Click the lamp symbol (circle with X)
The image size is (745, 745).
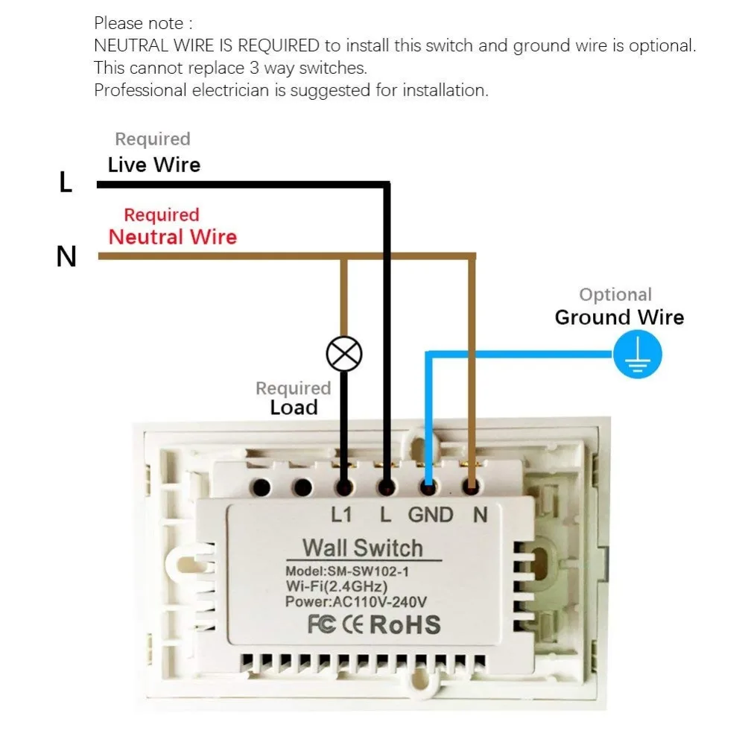pyautogui.click(x=344, y=353)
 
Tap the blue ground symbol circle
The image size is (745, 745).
pyautogui.click(x=637, y=355)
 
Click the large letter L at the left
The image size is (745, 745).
pyautogui.click(x=66, y=183)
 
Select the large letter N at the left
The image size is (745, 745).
pyautogui.click(x=66, y=257)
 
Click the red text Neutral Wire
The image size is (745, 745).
pyautogui.click(x=172, y=237)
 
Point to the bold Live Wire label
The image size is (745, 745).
pyautogui.click(x=153, y=165)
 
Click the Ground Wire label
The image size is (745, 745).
pyautogui.click(x=618, y=317)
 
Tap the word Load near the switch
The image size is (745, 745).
pyautogui.click(x=294, y=408)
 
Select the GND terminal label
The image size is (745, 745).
pyautogui.click(x=430, y=514)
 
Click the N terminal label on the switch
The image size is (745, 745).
pyautogui.click(x=480, y=514)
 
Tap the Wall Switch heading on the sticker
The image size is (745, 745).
pyautogui.click(x=362, y=548)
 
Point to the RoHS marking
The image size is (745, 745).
pyautogui.click(x=405, y=624)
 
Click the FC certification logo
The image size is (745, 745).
pyautogui.click(x=322, y=624)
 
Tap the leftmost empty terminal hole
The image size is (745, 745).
pyautogui.click(x=261, y=488)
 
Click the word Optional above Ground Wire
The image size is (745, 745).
pyautogui.click(x=615, y=295)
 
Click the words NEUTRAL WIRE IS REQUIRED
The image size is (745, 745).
pyautogui.click(x=206, y=45)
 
